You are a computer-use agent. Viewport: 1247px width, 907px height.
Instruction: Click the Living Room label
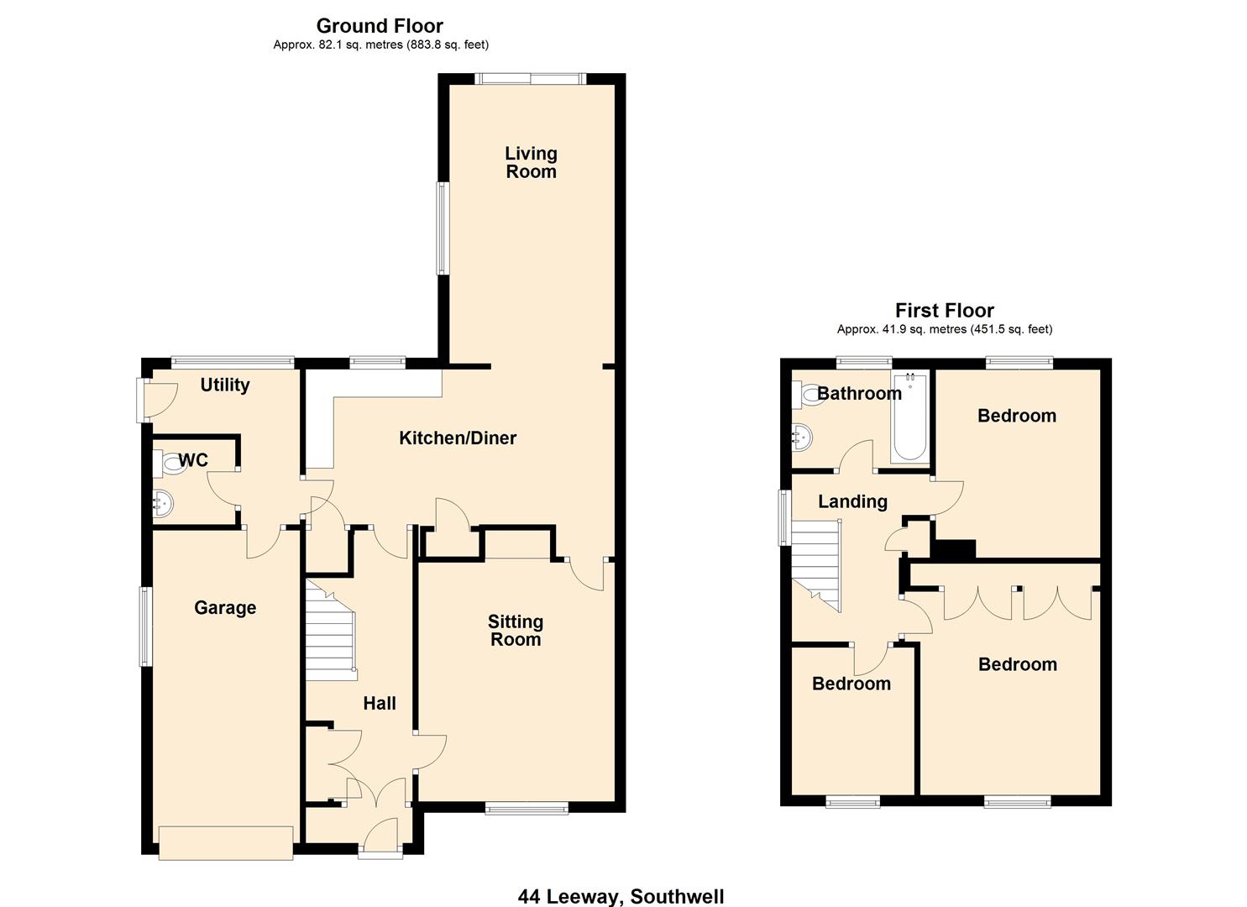coord(530,163)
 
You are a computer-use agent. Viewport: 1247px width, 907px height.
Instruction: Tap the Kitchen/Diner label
coord(457,438)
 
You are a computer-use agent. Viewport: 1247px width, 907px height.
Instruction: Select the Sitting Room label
coord(515,631)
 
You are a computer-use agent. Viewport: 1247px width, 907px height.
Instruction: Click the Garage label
coord(225,607)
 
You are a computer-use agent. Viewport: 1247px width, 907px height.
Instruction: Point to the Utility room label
coord(224,385)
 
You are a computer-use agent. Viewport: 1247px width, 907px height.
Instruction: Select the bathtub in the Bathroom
coord(909,417)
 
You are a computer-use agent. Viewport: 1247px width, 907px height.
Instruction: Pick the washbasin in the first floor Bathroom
coord(801,436)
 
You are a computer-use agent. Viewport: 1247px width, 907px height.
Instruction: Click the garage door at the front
coord(226,843)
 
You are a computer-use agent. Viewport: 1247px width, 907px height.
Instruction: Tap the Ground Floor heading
coord(380,26)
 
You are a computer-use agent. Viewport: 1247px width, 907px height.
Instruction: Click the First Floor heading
coord(944,311)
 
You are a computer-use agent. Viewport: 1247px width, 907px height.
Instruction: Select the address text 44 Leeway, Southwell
coord(621,896)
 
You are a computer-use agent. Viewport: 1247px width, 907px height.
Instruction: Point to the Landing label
coord(852,501)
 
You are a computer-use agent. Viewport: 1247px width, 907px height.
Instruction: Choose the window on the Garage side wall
coord(146,627)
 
